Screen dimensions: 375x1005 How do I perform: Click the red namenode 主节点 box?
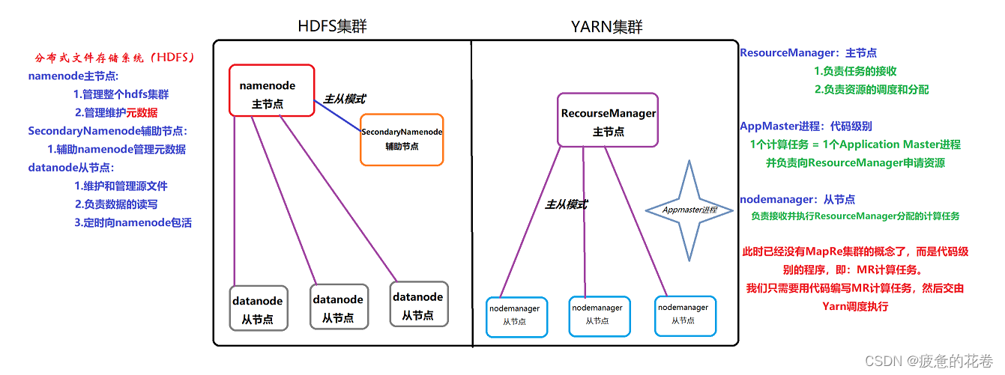point(272,94)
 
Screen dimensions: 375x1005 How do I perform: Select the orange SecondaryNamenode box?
point(402,139)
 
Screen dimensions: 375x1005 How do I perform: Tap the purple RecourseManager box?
point(608,120)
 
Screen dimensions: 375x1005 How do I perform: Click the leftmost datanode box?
point(257,308)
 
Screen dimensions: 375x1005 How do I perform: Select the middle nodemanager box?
point(597,315)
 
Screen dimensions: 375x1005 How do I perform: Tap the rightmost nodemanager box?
point(683,314)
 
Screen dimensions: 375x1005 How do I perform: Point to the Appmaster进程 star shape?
point(689,210)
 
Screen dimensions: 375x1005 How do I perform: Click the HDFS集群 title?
point(333,28)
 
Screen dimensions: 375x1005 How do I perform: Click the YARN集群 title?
point(606,28)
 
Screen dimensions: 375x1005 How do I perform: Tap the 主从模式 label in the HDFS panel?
point(345,98)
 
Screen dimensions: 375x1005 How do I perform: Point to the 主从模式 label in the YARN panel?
point(565,204)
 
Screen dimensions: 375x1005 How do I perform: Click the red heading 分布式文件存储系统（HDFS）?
point(115,58)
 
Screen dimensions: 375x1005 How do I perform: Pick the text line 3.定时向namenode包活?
point(133,222)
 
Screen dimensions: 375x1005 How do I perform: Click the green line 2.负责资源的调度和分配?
point(871,90)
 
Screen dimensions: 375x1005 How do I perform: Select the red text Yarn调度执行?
point(855,306)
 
